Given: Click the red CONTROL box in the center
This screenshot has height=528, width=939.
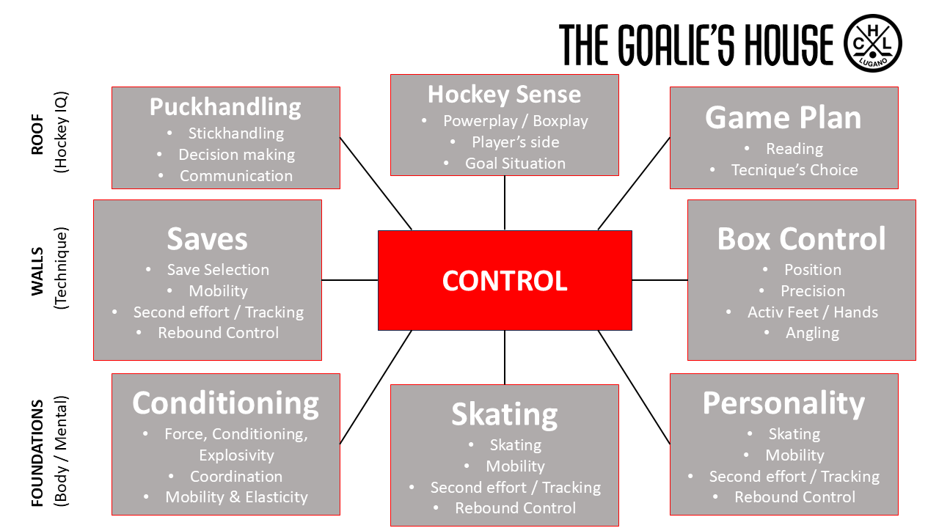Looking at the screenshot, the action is (505, 281).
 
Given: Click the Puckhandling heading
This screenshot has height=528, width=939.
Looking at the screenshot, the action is (225, 107).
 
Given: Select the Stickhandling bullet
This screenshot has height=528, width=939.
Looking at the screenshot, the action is (235, 133).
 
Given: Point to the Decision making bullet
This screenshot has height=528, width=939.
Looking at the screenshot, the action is (236, 155).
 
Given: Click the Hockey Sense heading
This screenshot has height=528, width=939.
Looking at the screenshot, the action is (504, 94).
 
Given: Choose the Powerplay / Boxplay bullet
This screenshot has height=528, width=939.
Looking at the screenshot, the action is (515, 121).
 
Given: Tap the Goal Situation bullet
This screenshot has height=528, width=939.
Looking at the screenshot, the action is (515, 164).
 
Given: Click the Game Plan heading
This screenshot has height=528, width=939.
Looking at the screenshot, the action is (783, 117).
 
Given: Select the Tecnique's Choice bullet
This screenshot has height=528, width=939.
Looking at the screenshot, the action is (794, 170).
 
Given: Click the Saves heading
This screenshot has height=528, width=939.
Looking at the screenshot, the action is (208, 239).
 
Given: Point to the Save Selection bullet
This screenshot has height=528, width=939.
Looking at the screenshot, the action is (218, 270).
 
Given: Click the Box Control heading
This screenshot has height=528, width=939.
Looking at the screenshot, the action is (801, 239).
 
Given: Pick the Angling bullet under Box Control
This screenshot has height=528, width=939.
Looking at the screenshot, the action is (812, 333).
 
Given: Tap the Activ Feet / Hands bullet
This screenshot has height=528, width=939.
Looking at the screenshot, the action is (812, 312).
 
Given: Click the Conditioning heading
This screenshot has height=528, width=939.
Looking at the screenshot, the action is (225, 403).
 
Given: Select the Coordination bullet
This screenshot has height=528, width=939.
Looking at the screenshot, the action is (235, 477).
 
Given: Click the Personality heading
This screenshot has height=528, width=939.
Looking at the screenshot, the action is (783, 403).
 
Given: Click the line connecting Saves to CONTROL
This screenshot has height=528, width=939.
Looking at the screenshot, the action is (349, 280).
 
